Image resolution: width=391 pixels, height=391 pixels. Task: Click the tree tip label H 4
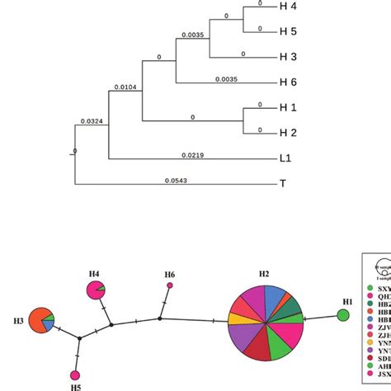pyautogui.click(x=288, y=9)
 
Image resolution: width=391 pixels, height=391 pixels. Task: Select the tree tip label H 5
pyautogui.click(x=288, y=33)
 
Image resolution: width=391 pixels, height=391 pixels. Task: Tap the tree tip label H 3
pyautogui.click(x=288, y=58)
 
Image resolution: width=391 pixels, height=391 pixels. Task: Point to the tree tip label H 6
pyautogui.click(x=288, y=82)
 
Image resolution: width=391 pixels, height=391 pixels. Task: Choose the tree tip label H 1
pyautogui.click(x=288, y=109)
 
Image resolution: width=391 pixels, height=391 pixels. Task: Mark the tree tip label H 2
pyautogui.click(x=288, y=133)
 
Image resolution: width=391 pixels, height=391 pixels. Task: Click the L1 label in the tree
pyautogui.click(x=286, y=159)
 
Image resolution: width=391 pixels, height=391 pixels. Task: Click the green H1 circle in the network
pyautogui.click(x=343, y=315)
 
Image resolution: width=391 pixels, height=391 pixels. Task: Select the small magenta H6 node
pyautogui.click(x=170, y=285)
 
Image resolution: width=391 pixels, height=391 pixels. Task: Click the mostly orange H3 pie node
pyautogui.click(x=40, y=318)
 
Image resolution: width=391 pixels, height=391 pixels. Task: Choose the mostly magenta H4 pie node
pyautogui.click(x=97, y=290)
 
